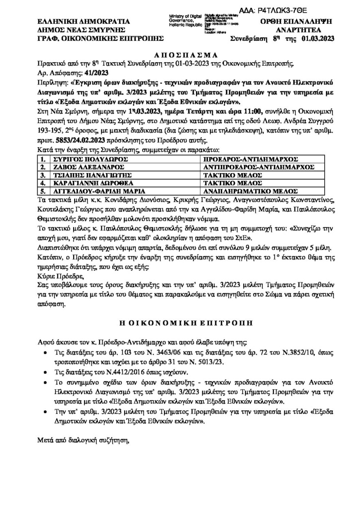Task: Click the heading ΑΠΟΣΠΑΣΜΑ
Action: coord(180,55)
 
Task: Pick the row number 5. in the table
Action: coord(43,190)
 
